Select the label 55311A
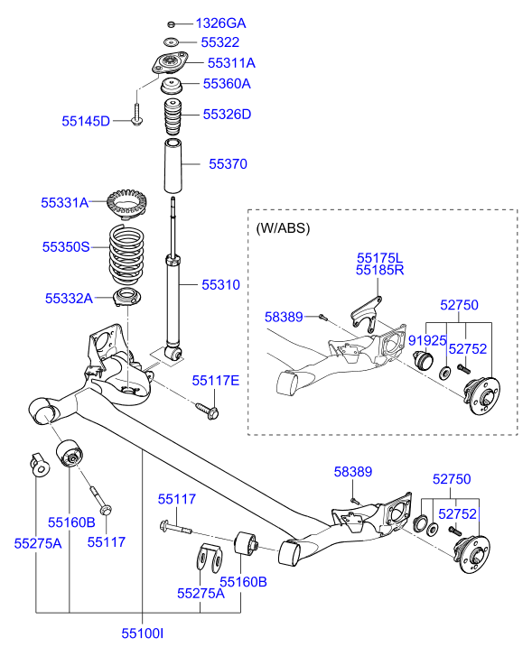point(231,63)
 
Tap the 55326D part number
point(227,115)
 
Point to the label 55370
point(228,164)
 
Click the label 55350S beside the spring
point(65,245)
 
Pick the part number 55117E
point(215,382)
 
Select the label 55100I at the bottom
point(143,635)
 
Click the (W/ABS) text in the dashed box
point(283,228)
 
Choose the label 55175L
point(378,257)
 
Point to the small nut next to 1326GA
point(171,23)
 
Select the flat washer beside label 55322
point(171,43)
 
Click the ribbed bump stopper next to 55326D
point(171,118)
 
